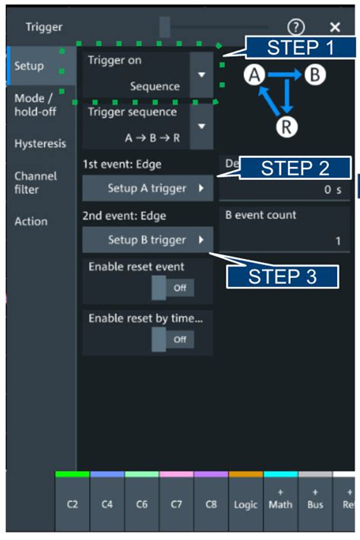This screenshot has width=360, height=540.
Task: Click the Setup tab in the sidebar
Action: (x=29, y=66)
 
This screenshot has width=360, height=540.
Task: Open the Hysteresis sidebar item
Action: (x=40, y=144)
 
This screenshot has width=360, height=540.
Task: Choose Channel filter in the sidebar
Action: (x=35, y=182)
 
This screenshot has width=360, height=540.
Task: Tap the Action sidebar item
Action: (x=31, y=221)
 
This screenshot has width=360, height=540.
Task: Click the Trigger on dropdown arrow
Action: (x=201, y=74)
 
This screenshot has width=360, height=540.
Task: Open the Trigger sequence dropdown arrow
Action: (x=201, y=126)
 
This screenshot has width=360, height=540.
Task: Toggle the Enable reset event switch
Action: (x=172, y=289)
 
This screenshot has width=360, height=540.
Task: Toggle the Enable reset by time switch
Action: (x=172, y=339)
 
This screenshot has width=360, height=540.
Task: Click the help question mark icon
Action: (x=296, y=27)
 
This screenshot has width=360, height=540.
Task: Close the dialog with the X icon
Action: (x=335, y=27)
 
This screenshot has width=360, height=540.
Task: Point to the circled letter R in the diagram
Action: (x=286, y=126)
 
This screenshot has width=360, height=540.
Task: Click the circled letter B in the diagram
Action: (x=313, y=74)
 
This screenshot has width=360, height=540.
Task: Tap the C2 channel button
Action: (x=72, y=504)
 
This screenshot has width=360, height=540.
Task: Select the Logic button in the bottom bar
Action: (x=245, y=504)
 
